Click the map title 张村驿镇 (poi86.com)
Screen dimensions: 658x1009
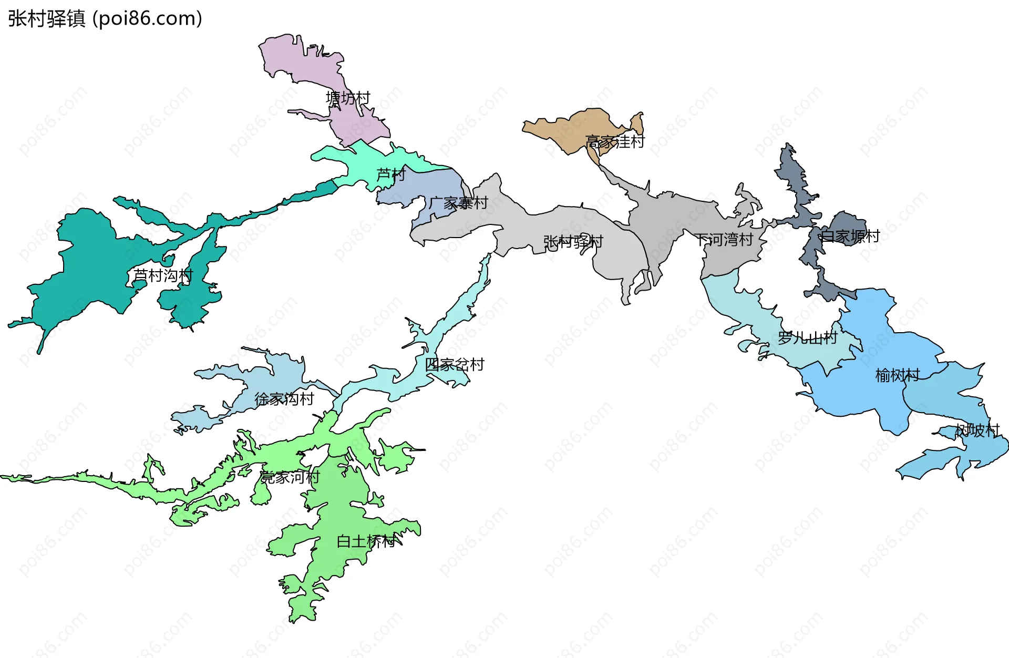point(105,19)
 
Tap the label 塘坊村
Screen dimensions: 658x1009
point(348,98)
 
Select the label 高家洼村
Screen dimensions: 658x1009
point(614,142)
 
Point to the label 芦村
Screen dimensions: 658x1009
point(391,174)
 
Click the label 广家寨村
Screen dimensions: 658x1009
point(458,203)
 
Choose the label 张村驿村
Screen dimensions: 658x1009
point(573,242)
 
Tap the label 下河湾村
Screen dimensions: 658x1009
point(724,240)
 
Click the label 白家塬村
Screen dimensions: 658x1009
point(850,237)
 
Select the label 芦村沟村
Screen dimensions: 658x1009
point(163,275)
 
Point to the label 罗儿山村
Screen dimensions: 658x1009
point(807,338)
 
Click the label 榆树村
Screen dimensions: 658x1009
point(897,375)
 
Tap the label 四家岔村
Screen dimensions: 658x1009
point(454,365)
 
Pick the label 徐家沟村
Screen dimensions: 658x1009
point(284,399)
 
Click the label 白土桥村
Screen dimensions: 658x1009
point(366,541)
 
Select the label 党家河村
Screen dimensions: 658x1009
point(290,477)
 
